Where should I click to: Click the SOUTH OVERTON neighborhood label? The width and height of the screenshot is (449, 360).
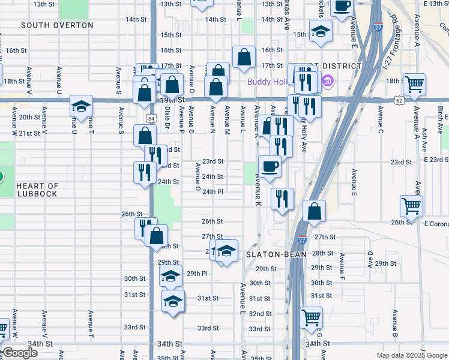(57, 25)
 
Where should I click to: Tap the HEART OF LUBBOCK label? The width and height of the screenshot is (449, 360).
(37, 190)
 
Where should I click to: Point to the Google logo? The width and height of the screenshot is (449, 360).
(19, 353)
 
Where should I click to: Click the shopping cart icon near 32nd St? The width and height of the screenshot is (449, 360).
(312, 318)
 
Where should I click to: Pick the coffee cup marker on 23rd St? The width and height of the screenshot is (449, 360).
(270, 166)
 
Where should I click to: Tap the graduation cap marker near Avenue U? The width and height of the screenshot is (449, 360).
(81, 106)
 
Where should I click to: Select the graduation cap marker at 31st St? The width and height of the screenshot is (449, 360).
(173, 301)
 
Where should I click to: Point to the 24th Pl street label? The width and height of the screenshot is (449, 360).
(213, 192)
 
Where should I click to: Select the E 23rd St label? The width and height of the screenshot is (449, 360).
(436, 160)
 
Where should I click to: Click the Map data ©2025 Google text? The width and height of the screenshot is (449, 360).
(412, 355)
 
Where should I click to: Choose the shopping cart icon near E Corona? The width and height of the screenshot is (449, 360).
(412, 206)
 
